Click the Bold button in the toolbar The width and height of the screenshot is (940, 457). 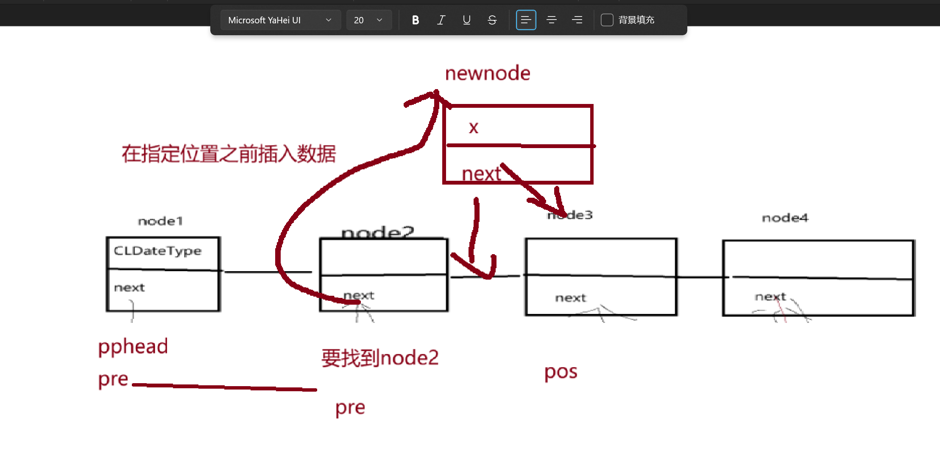pos(416,20)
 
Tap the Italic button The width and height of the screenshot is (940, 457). pos(441,20)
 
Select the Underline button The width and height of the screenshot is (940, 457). pos(466,20)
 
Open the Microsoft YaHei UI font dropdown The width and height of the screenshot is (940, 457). pos(280,20)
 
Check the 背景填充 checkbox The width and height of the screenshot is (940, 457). pos(607,20)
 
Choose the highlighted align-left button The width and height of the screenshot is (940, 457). pos(526,20)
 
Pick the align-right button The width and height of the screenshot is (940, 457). pos(577,20)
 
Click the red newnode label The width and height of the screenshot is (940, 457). pos(488,73)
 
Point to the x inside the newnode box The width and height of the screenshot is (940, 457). pos(474,127)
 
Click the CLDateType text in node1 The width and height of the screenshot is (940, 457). pos(157,251)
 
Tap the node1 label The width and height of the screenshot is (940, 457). pos(160,221)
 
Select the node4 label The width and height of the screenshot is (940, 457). pos(785,218)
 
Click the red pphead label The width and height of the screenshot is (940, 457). pos(133,347)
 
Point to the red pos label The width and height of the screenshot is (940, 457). pos(561,372)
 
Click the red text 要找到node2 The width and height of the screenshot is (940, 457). pos(380,358)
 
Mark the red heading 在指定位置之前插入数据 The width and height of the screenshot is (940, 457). pos(229,154)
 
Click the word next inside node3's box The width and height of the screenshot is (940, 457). pos(570,298)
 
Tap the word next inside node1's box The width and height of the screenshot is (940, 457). pos(129,288)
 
